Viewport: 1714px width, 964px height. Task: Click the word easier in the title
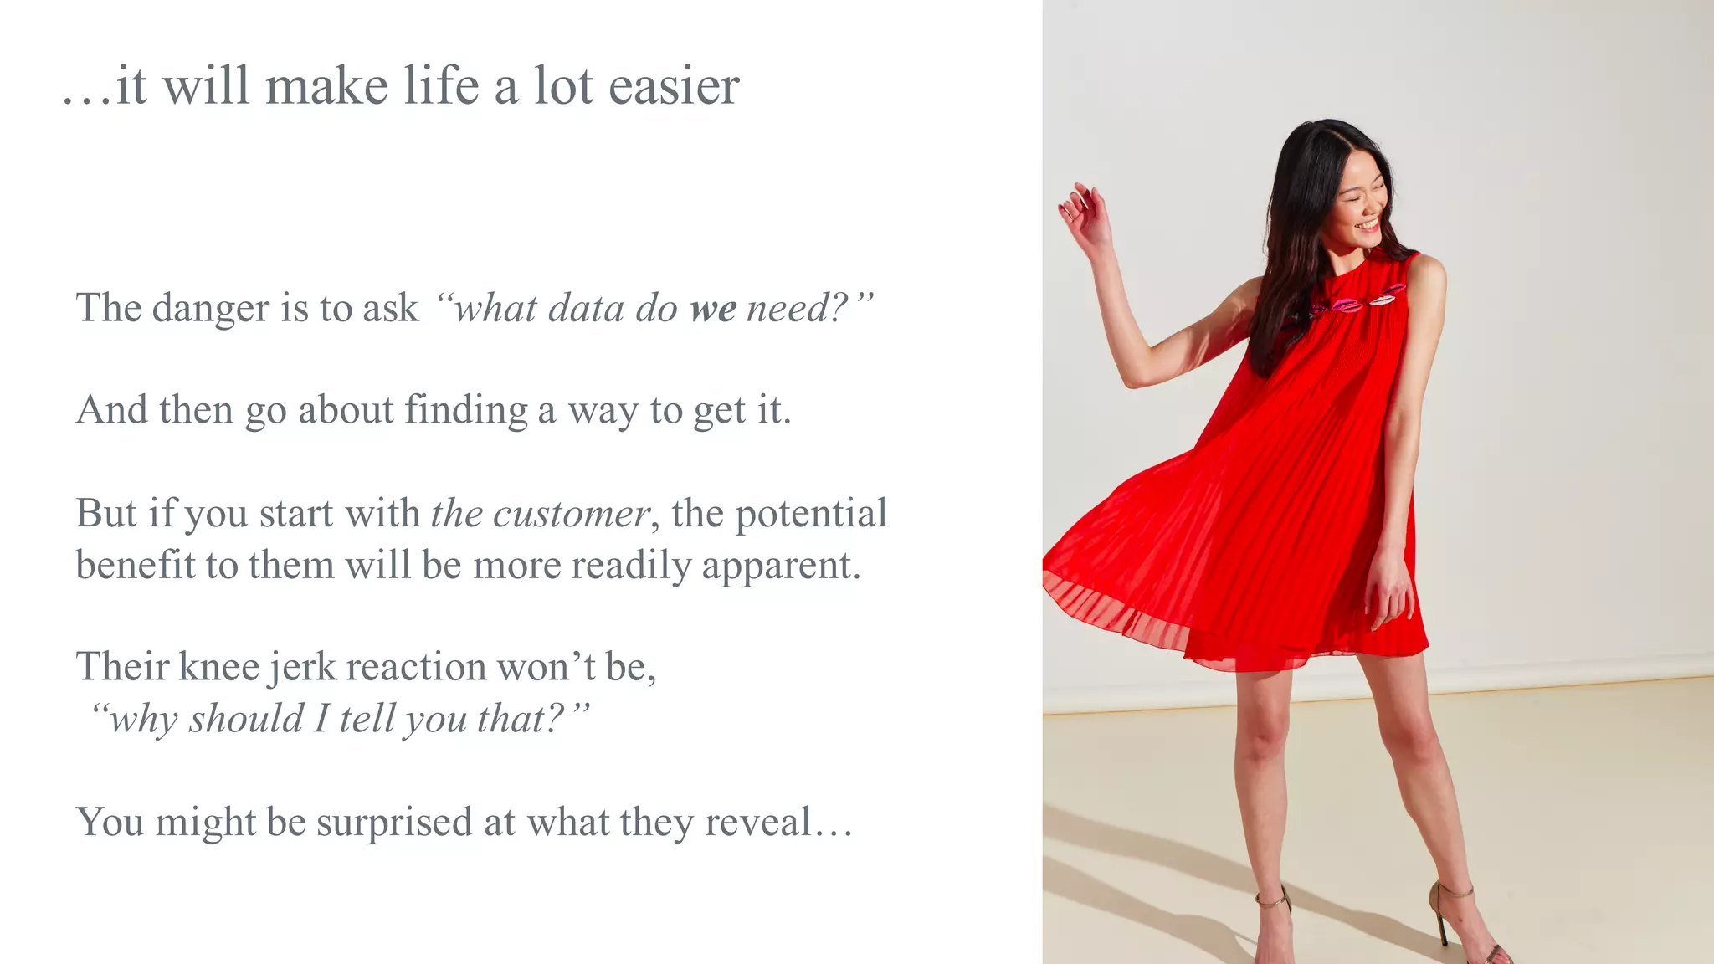(x=675, y=86)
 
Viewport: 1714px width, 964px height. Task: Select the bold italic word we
(x=713, y=309)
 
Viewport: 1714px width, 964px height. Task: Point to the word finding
(x=466, y=411)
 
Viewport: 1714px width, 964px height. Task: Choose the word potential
(x=811, y=514)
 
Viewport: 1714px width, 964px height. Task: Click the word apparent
(x=781, y=567)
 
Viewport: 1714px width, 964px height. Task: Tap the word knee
(x=219, y=668)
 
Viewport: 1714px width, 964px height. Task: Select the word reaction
(x=416, y=668)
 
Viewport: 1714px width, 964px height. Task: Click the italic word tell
(x=366, y=719)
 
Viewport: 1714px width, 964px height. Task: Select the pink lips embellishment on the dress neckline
(x=1356, y=300)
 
